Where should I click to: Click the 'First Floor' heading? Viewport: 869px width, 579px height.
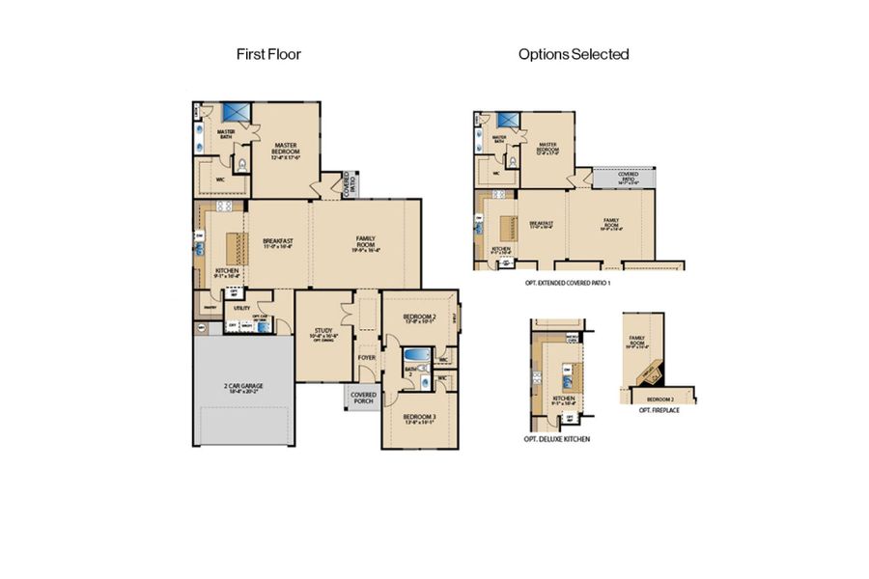268,54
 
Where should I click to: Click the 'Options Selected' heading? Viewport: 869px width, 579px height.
574,54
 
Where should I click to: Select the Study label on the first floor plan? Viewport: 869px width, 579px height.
322,334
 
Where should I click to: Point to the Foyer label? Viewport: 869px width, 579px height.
366,357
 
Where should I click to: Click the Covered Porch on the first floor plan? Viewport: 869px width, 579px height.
363,398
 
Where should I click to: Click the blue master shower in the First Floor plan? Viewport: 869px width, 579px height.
237,113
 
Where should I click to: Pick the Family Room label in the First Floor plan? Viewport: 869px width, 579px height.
366,242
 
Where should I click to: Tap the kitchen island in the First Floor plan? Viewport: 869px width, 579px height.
233,245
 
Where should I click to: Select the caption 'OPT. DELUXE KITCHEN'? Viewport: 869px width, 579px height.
557,439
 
